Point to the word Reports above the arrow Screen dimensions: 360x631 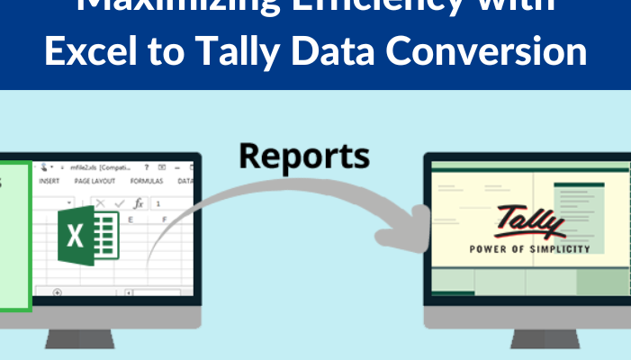click(x=304, y=155)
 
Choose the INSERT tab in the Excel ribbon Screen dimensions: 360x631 click(x=50, y=181)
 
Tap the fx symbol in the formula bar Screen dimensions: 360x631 click(x=138, y=203)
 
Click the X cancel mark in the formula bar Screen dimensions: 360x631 click(x=100, y=203)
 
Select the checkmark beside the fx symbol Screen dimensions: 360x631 click(x=119, y=203)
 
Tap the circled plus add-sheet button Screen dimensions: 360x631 click(x=58, y=292)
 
